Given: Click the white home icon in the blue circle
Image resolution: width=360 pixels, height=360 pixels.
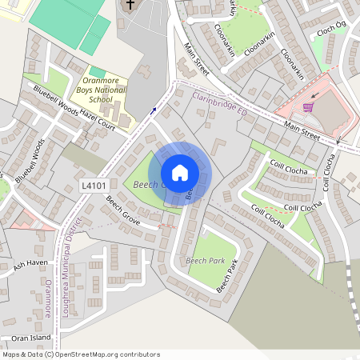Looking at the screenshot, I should click(180, 173).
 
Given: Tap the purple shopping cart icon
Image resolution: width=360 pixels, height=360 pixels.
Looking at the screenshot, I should click(307, 106).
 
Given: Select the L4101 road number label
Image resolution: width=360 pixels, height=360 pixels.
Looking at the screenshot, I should click(94, 186).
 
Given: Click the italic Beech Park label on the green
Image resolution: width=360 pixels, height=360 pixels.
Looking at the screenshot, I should click(204, 261).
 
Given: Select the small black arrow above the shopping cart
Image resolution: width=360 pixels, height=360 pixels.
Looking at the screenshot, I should click(314, 93).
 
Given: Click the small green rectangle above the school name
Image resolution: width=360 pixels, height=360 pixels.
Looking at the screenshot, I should click(97, 72).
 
